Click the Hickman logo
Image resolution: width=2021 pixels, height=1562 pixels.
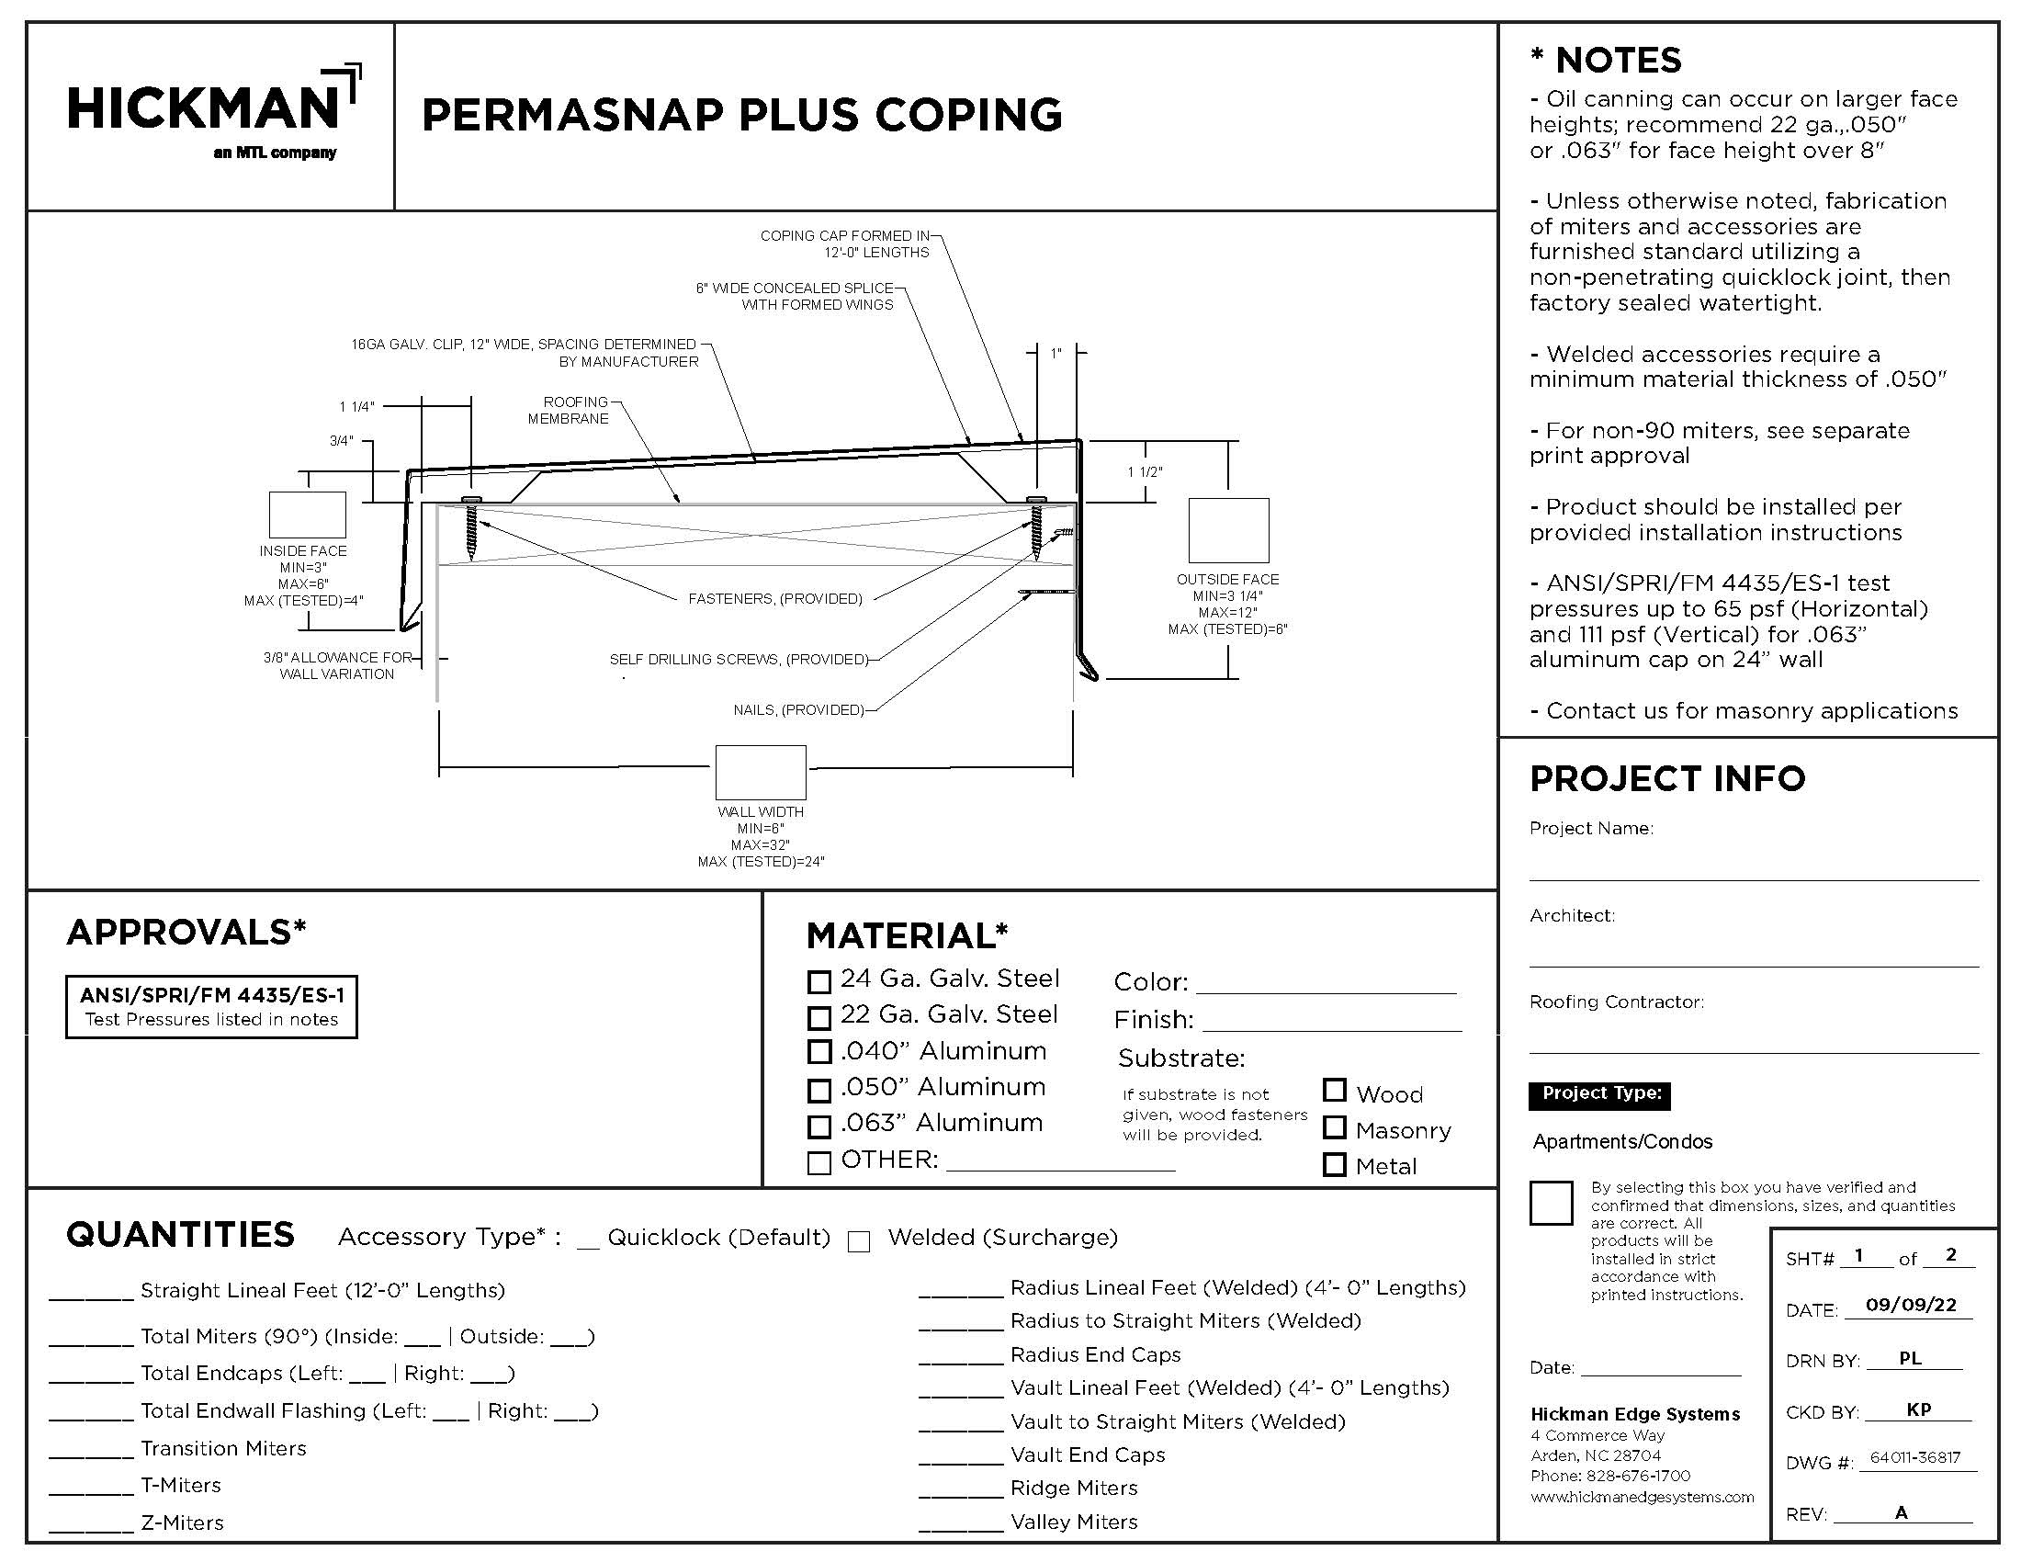click(213, 111)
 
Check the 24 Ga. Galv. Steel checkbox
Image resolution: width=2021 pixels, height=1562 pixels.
click(819, 982)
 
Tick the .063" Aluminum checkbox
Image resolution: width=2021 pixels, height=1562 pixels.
click(819, 1126)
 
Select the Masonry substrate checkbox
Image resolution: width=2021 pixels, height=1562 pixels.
click(1335, 1127)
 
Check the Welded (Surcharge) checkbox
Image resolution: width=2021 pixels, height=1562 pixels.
click(859, 1242)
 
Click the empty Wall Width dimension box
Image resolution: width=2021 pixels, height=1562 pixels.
click(761, 773)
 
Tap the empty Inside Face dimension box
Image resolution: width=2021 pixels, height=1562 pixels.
click(307, 515)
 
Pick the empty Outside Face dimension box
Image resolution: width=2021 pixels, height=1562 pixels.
click(1228, 530)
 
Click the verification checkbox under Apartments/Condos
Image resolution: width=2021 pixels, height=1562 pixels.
click(1551, 1203)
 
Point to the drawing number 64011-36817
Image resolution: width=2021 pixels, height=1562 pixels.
click(1914, 1457)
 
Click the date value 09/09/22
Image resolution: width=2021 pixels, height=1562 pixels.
click(1911, 1305)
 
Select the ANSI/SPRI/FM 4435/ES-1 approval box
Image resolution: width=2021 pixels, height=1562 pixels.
click(212, 1007)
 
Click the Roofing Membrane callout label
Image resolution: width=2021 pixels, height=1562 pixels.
click(568, 410)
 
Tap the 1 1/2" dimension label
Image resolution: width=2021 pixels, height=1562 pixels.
click(1145, 472)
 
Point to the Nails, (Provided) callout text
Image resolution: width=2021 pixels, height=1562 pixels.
click(798, 709)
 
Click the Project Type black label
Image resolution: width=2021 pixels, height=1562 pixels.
click(1600, 1093)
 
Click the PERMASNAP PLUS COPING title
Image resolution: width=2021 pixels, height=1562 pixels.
click(741, 115)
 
